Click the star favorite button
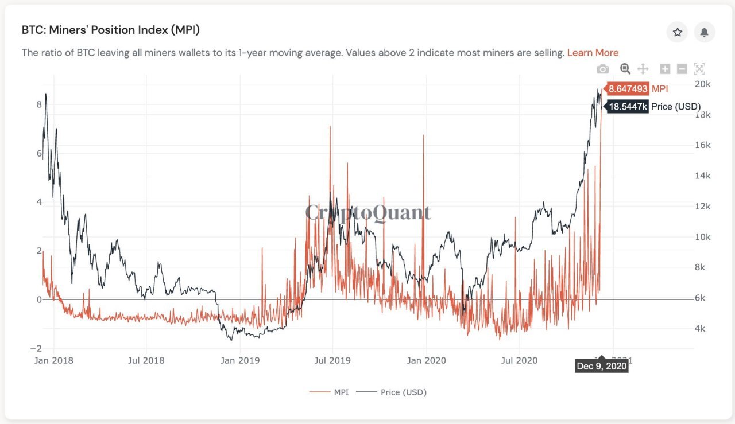tap(677, 32)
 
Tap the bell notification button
tap(704, 32)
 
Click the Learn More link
tap(593, 53)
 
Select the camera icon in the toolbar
tap(602, 69)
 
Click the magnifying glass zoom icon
tap(625, 69)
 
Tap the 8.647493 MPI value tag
tap(628, 89)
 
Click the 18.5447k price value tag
tap(628, 107)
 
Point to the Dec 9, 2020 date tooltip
tap(601, 366)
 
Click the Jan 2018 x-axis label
tap(53, 360)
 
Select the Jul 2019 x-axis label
tap(332, 360)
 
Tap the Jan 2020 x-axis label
tap(426, 360)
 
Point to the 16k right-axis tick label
tap(703, 145)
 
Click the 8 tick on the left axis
tap(39, 104)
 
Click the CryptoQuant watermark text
tap(367, 212)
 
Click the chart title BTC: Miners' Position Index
tap(111, 30)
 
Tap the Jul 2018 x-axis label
tap(146, 360)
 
